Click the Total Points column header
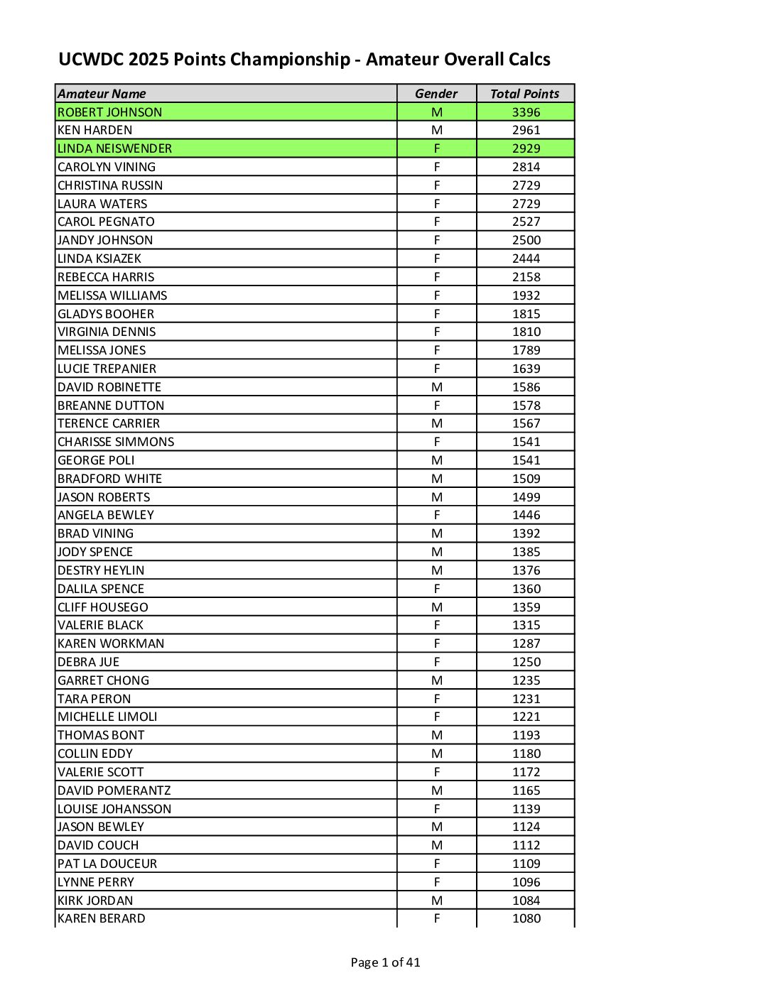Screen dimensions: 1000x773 click(x=525, y=94)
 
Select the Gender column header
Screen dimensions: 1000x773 click(x=436, y=94)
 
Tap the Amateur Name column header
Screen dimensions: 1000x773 click(x=102, y=94)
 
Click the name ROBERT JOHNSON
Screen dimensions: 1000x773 click(x=110, y=112)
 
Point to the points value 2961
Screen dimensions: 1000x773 click(x=526, y=131)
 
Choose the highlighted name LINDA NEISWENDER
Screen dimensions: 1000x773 click(x=115, y=148)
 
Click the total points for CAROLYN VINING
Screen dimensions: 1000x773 click(x=526, y=167)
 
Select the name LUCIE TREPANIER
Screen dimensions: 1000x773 click(x=107, y=369)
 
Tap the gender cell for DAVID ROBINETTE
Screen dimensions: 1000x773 click(x=437, y=387)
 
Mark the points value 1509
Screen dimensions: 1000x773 click(x=526, y=479)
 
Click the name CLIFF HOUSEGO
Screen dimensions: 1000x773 click(x=103, y=607)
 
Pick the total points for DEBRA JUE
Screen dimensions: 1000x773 click(x=526, y=662)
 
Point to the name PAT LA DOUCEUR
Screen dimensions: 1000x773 click(x=107, y=864)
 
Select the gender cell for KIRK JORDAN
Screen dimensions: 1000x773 click(x=437, y=901)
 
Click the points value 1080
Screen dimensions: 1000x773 click(x=526, y=918)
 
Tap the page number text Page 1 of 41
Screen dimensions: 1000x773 click(x=385, y=962)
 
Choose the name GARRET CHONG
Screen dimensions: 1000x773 click(x=104, y=680)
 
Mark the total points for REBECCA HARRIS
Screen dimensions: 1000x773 click(x=526, y=277)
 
